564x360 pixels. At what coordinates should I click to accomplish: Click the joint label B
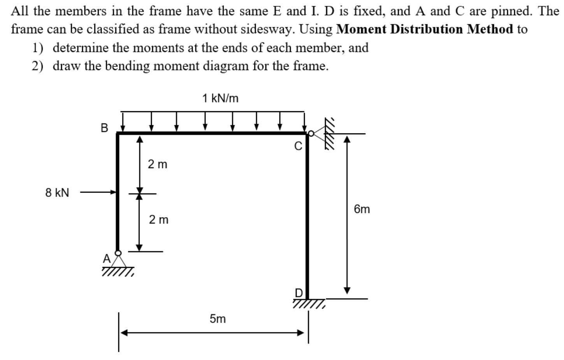(x=104, y=128)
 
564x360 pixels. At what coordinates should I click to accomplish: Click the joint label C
(x=298, y=146)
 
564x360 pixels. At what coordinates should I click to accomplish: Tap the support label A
(x=107, y=258)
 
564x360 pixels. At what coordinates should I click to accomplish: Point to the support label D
(x=299, y=293)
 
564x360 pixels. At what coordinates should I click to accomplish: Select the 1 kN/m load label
(x=220, y=98)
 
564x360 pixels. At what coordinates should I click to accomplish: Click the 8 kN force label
(x=57, y=193)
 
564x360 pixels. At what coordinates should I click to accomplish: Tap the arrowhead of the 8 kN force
(x=114, y=192)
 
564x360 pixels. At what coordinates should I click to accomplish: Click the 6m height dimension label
(x=362, y=209)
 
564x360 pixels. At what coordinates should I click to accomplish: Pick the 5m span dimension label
(x=218, y=319)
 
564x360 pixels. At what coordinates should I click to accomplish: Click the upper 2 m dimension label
(x=157, y=164)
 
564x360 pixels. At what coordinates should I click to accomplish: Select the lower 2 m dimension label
(x=159, y=220)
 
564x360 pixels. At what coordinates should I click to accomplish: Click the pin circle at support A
(x=118, y=253)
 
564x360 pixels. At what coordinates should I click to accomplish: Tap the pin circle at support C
(x=311, y=133)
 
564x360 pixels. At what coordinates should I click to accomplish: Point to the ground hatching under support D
(x=309, y=304)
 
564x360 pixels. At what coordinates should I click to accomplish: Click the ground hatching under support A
(x=118, y=272)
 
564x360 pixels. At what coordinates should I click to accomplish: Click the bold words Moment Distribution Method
(x=425, y=29)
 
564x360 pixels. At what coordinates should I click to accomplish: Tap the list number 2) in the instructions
(x=38, y=66)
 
